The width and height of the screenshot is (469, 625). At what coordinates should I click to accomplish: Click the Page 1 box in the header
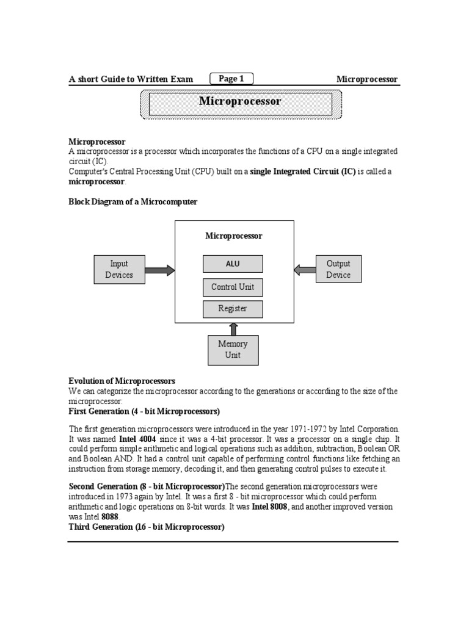coord(231,78)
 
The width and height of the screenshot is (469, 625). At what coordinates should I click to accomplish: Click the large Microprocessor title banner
coord(240,102)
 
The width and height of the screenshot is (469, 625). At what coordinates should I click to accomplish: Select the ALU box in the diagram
coord(233,264)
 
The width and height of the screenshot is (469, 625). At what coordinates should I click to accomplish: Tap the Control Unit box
coord(233,287)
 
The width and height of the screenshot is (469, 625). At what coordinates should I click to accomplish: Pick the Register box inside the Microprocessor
coord(233,309)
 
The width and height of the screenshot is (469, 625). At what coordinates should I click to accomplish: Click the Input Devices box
coord(118,269)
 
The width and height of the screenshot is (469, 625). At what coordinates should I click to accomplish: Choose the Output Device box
coord(338,269)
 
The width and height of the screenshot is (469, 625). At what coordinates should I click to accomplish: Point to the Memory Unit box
coord(233,350)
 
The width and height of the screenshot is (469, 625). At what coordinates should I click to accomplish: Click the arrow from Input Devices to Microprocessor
coord(160,270)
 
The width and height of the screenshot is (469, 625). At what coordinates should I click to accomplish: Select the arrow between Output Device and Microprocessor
coord(305,269)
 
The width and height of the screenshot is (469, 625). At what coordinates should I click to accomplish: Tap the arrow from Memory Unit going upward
coord(233,329)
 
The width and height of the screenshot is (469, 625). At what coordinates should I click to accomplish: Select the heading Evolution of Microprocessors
coord(122,381)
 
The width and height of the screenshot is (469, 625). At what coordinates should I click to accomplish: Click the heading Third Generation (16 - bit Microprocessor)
coord(147,527)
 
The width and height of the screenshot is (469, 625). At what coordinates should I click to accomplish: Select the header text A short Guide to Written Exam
coord(131,79)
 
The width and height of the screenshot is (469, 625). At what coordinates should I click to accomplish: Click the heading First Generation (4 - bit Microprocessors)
coord(144,411)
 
